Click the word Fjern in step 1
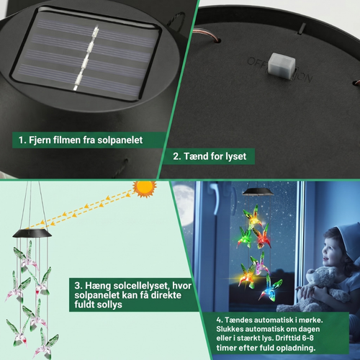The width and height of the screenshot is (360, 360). (40, 140)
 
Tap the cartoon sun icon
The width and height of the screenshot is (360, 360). (145, 189)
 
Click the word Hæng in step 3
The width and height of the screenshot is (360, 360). (98, 286)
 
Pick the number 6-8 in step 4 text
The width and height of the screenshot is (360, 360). (308, 338)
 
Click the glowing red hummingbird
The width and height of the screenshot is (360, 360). (262, 236)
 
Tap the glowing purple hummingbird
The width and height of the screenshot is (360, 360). (260, 264)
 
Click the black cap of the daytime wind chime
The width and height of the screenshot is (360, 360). (32, 233)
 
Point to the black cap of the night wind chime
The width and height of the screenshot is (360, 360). (258, 192)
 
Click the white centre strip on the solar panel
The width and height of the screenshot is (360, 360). (86, 59)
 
